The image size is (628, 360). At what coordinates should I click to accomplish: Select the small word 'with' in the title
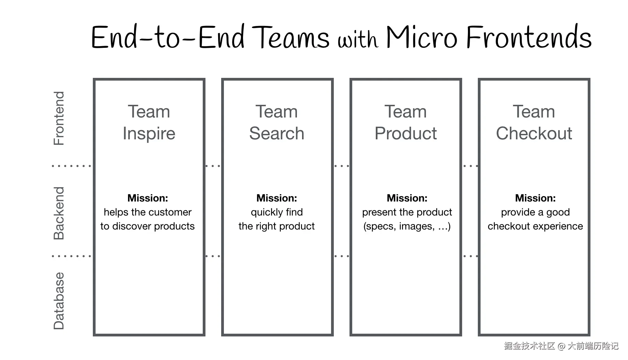click(x=358, y=40)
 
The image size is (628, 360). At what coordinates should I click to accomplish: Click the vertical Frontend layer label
click(x=59, y=118)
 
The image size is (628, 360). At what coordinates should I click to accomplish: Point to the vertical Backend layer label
click(x=59, y=213)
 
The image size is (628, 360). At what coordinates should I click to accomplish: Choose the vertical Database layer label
click(x=59, y=301)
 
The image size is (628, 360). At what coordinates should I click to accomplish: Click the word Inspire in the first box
click(x=149, y=133)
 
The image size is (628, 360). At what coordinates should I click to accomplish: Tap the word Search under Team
click(x=276, y=133)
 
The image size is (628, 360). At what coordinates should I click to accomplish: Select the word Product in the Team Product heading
click(x=405, y=133)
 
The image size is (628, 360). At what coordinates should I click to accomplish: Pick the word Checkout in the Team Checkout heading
click(x=534, y=133)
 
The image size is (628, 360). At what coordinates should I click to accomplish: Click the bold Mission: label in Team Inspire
click(x=147, y=198)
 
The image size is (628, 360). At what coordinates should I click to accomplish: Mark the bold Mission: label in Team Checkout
click(x=535, y=198)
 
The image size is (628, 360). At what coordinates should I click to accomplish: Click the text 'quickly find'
click(x=276, y=212)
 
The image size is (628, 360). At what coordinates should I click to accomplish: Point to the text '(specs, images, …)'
click(x=407, y=226)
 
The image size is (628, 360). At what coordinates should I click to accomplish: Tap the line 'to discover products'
click(x=147, y=226)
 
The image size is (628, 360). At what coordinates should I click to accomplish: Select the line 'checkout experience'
click(x=535, y=226)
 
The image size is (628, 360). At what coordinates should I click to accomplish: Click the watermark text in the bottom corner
click(x=561, y=346)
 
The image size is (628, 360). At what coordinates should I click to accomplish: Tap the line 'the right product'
click(x=276, y=226)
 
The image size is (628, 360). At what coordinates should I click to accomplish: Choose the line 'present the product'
click(x=407, y=212)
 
